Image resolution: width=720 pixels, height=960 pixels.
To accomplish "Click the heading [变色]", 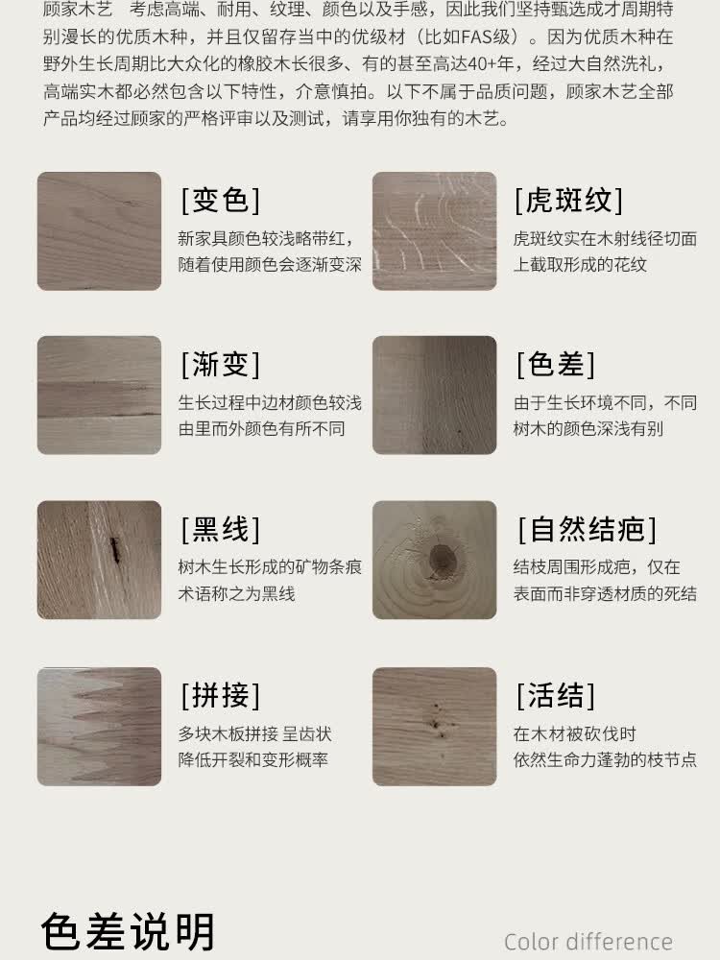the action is click(221, 201).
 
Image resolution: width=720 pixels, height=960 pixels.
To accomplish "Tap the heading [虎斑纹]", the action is click(568, 201).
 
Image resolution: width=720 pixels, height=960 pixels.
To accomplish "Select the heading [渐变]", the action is click(221, 364).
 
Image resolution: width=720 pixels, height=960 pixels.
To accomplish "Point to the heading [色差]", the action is click(555, 364).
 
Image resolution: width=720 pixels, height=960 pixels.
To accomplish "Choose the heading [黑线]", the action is click(221, 530).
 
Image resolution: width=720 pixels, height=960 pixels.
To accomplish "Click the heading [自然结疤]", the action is click(588, 530).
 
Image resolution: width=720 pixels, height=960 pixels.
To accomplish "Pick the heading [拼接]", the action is click(221, 695).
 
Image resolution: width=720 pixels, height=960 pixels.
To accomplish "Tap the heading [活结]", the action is click(555, 695).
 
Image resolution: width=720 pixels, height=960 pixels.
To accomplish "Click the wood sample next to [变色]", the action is click(99, 230).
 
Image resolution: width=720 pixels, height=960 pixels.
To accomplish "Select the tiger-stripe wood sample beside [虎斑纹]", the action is click(435, 230).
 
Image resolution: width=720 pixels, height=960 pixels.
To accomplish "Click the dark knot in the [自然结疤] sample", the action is click(443, 559).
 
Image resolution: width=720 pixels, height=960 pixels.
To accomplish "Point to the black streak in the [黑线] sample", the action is click(114, 549).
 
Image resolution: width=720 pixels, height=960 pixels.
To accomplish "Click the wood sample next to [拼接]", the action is click(99, 726).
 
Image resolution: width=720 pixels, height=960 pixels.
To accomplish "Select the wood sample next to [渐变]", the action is click(99, 395).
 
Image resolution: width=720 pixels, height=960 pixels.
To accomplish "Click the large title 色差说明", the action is click(128, 932).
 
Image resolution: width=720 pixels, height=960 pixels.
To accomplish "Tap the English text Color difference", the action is click(588, 942).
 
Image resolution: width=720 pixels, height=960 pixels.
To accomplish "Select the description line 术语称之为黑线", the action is click(236, 593).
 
